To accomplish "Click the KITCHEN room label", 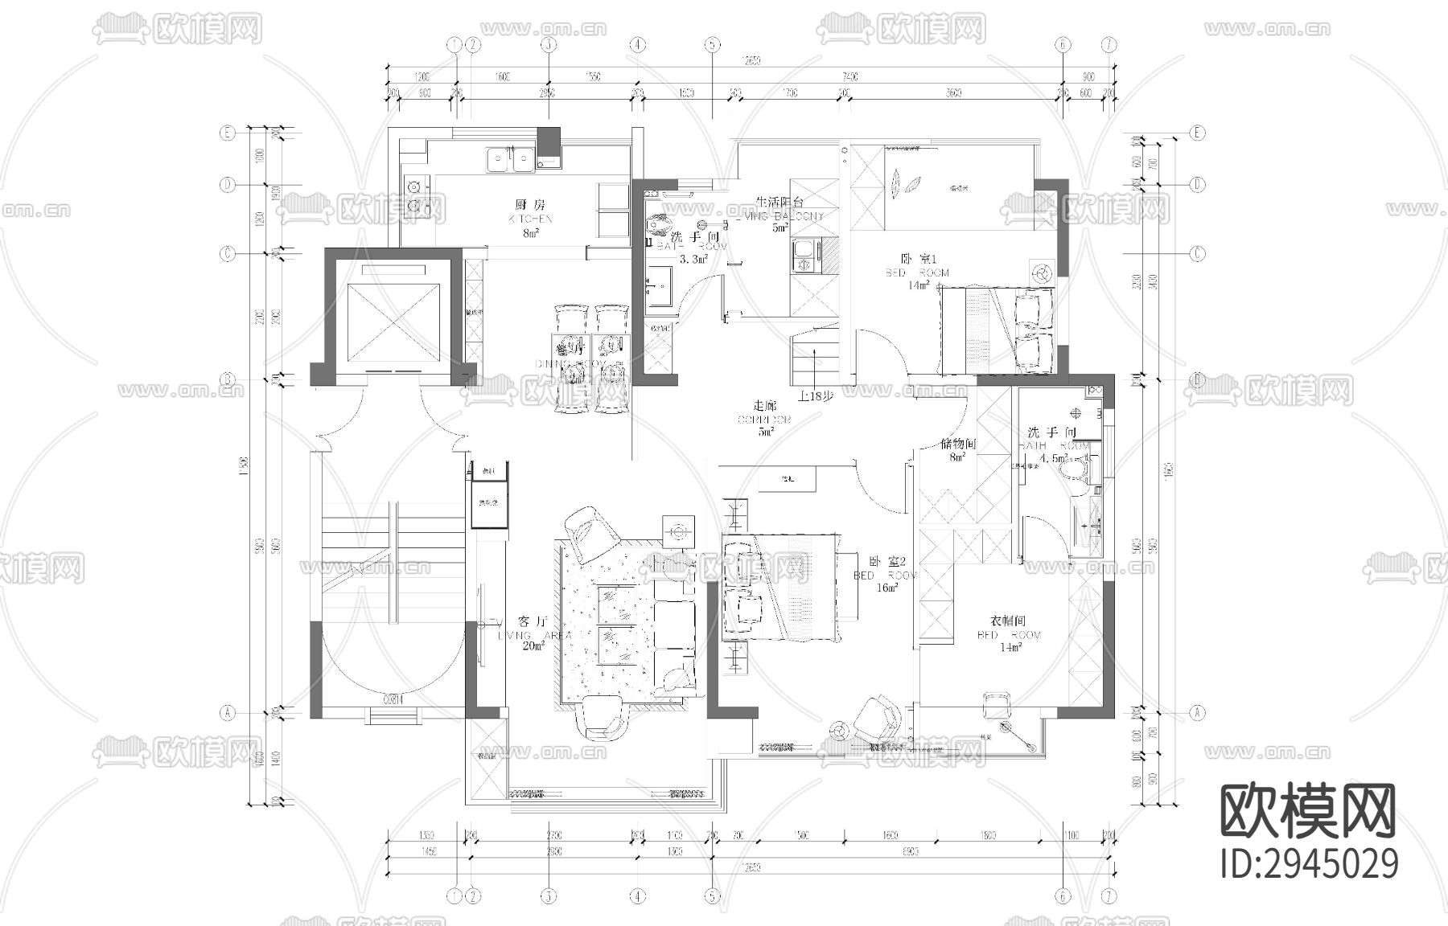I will pyautogui.click(x=531, y=219).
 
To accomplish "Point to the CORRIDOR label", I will pyautogui.click(x=765, y=420).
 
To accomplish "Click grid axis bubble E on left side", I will pyautogui.click(x=228, y=133).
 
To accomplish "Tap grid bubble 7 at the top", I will pyautogui.click(x=1109, y=45).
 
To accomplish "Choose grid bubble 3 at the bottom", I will pyautogui.click(x=549, y=895).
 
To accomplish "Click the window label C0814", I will pyautogui.click(x=393, y=699).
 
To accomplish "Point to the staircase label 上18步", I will pyautogui.click(x=817, y=395).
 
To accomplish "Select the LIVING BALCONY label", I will pyautogui.click(x=779, y=216).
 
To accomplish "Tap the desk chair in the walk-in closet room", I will pyautogui.click(x=996, y=704).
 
